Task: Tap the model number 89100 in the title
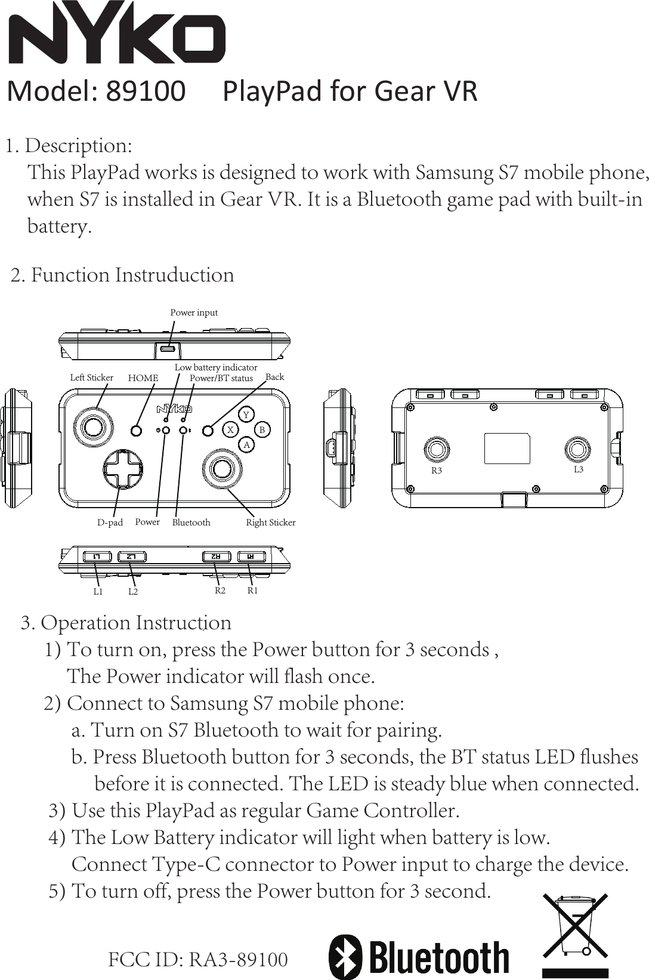[x=146, y=91]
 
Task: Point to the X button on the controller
[x=230, y=429]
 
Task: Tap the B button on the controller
[x=262, y=429]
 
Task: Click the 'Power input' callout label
[x=194, y=313]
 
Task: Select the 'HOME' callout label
[x=143, y=378]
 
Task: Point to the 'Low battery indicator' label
[x=216, y=367]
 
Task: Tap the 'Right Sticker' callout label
[x=271, y=523]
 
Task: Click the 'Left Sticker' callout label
[x=91, y=378]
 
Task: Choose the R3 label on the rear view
[x=437, y=471]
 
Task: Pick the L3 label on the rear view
[x=578, y=469]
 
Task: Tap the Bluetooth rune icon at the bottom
[x=345, y=956]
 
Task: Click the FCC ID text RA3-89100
[x=239, y=960]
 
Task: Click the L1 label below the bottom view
[x=98, y=592]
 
